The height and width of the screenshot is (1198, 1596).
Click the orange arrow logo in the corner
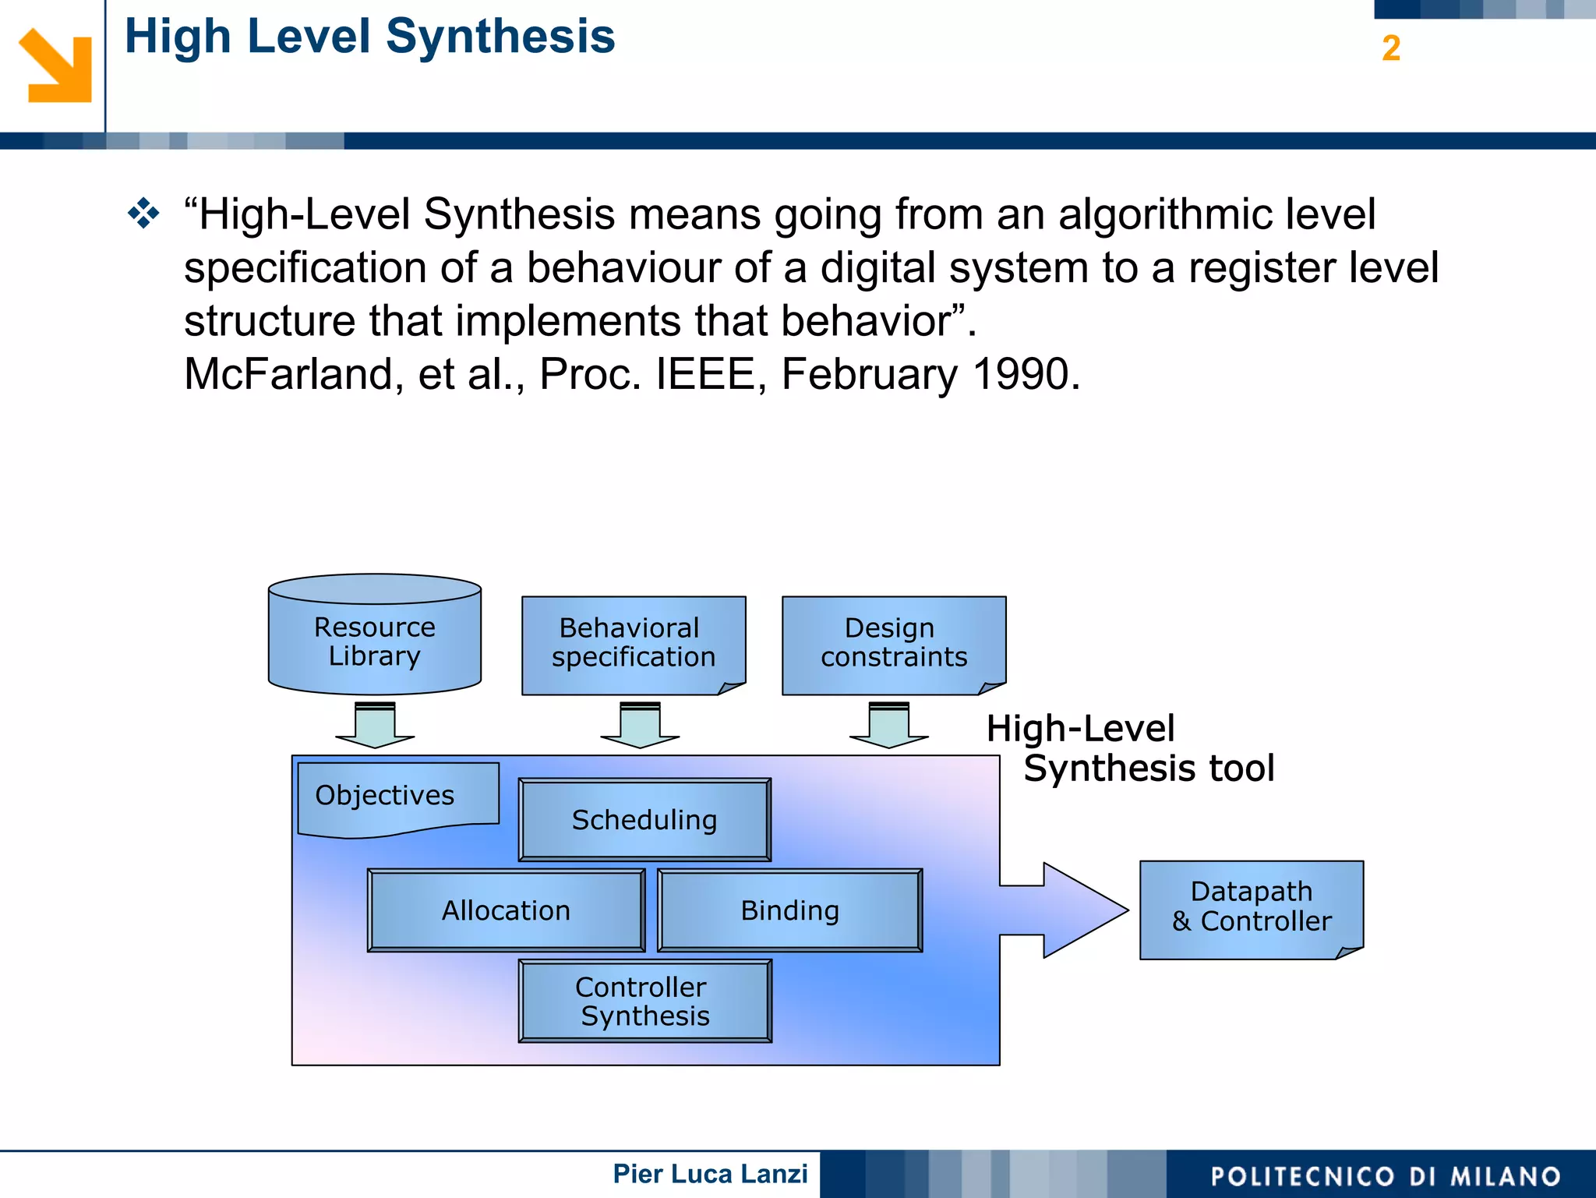55,66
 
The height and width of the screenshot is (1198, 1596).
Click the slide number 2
1391,48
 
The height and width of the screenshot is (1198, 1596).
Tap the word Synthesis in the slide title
500,37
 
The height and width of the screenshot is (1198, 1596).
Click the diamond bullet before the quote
144,214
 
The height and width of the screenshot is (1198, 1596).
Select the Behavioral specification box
633,643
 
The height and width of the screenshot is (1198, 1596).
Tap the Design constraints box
893,643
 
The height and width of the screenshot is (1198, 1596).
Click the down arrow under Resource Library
375,726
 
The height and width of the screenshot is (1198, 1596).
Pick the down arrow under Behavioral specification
640,726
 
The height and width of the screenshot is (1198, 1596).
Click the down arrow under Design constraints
888,726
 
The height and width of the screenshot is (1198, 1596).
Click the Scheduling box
644,820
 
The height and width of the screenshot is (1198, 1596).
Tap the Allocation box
506,910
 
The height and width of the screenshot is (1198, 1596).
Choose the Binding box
789,910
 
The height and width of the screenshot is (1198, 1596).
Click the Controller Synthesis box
644,1002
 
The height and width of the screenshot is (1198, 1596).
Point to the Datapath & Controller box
1251,907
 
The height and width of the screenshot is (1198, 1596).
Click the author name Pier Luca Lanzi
710,1174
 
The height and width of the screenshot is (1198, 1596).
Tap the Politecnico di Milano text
1386,1176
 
